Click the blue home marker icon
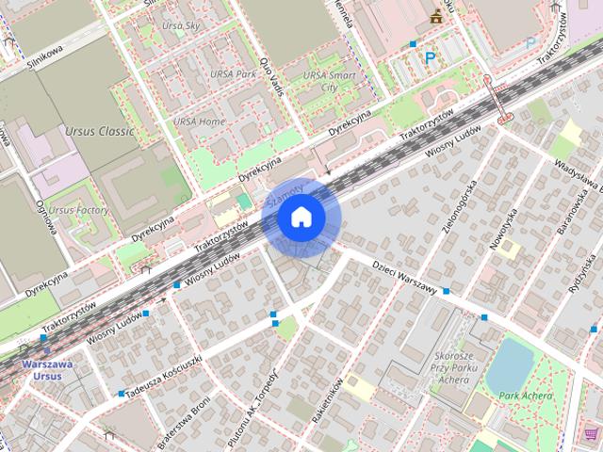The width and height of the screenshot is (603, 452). [301, 218]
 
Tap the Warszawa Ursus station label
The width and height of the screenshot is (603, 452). [46, 369]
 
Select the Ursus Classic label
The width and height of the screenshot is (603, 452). [100, 131]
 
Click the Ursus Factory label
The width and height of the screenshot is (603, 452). [78, 210]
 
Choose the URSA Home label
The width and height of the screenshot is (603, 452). [198, 121]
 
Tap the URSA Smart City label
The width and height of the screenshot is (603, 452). [328, 80]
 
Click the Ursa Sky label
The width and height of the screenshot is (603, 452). [180, 26]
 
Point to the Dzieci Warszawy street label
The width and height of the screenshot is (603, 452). [405, 277]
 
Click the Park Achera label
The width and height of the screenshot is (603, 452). [525, 395]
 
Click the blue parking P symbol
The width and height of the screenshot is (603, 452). [430, 58]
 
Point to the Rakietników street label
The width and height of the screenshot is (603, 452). [334, 399]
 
